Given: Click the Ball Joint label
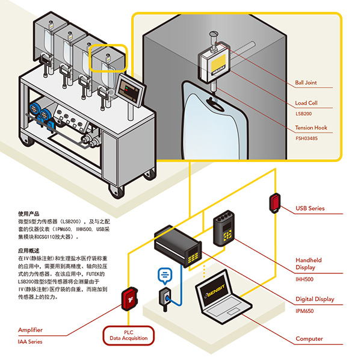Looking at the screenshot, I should pos(306,82).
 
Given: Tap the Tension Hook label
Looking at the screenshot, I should pos(311,128).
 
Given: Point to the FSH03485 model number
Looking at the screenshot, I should pos(307,137).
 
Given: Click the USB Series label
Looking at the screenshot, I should pos(310,209).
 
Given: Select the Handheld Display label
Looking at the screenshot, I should pos(309,264).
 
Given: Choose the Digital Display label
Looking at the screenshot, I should pos(315,299).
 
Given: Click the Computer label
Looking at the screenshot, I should pos(309,339).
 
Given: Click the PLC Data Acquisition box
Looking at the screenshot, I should pos(129,336).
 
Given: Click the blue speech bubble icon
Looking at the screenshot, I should pos(164,275).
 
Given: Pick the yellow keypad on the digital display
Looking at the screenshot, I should pos(193,256).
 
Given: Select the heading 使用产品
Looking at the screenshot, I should pos(28,213).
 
